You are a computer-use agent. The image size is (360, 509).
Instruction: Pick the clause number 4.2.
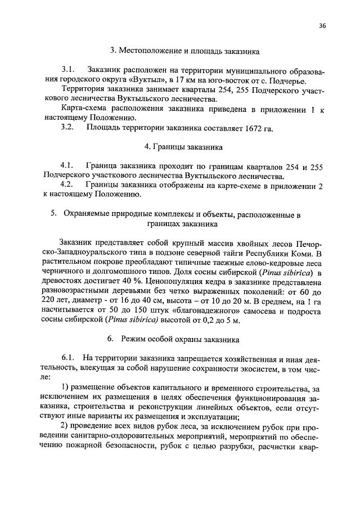pos(67,185)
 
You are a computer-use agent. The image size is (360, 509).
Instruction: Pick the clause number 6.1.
pos(68,358)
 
